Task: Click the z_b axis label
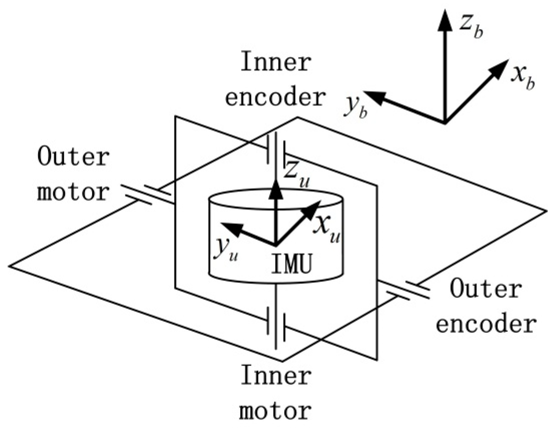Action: (x=471, y=28)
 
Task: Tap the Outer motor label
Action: (x=73, y=174)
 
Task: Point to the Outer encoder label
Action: (x=486, y=306)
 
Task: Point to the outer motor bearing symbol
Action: (x=147, y=193)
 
